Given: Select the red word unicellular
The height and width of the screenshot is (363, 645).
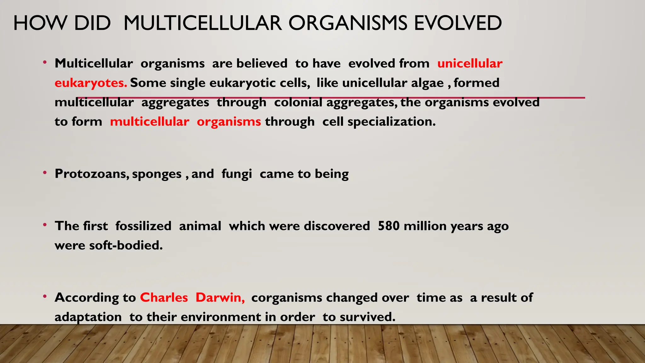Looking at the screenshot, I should (x=470, y=64).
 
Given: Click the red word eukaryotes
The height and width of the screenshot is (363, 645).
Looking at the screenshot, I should (x=91, y=83).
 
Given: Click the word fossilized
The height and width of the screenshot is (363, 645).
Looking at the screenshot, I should (x=143, y=226).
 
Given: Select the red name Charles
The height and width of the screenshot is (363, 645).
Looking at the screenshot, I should (x=164, y=297).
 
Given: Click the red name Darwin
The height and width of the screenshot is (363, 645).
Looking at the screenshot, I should (x=220, y=297).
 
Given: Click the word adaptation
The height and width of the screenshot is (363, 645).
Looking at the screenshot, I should (x=88, y=317).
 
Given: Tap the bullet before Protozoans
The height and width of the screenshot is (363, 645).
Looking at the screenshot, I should (x=45, y=172).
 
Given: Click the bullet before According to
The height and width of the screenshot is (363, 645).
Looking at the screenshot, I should (x=45, y=296).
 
